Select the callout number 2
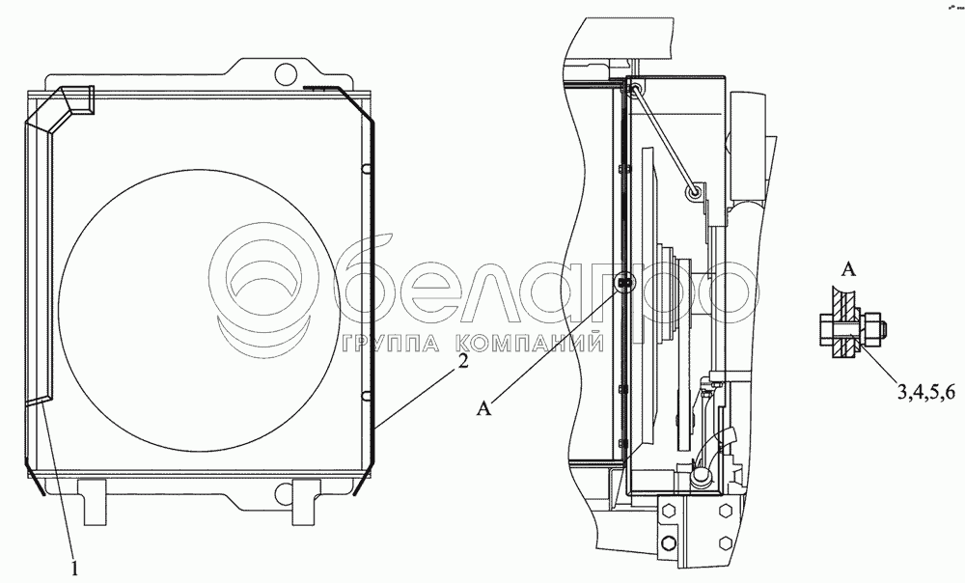point(462,361)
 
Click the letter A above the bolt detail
point(848,269)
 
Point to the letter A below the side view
point(485,407)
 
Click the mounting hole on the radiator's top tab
point(285,73)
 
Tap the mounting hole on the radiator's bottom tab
point(285,491)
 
